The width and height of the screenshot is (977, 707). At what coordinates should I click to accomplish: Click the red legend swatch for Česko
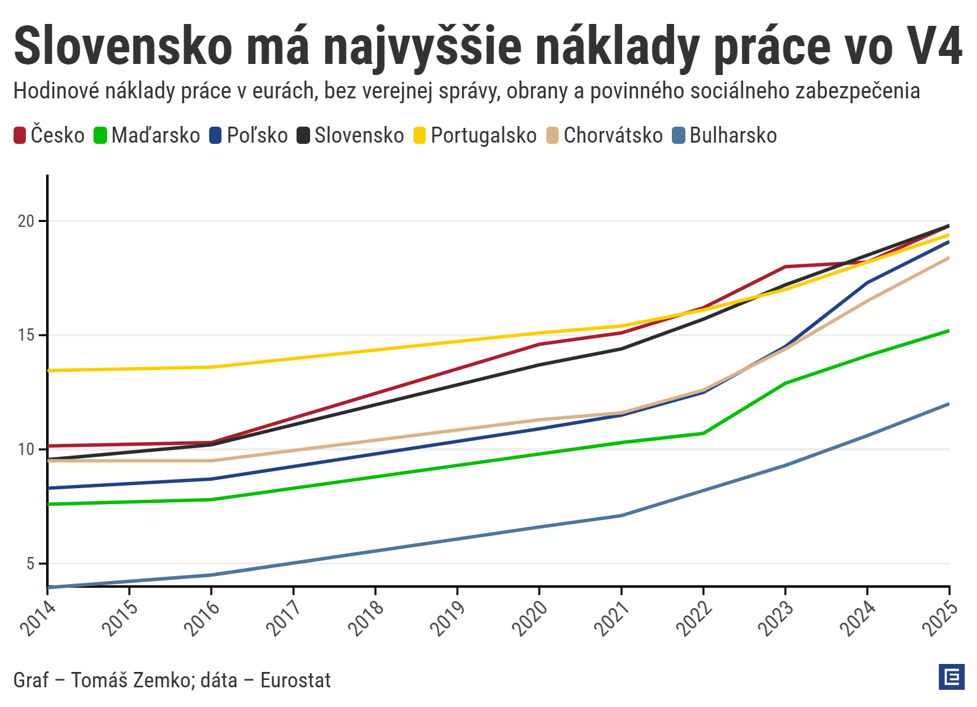click(x=20, y=136)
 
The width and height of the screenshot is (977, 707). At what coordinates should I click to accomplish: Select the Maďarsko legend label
click(x=156, y=136)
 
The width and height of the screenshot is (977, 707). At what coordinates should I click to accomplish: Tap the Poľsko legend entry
click(x=257, y=136)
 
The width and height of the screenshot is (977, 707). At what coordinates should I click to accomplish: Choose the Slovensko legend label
click(x=359, y=136)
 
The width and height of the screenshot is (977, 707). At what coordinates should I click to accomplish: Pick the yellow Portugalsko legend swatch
click(x=420, y=136)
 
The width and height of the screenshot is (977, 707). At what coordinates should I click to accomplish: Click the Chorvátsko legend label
click(x=613, y=136)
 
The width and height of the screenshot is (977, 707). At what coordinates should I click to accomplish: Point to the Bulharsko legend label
click(x=733, y=136)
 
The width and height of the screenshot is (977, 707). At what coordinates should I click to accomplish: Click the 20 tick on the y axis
click(x=26, y=221)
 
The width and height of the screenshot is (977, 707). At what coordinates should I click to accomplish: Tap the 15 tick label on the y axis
click(x=26, y=336)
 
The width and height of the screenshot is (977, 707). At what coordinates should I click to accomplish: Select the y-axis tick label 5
click(x=30, y=564)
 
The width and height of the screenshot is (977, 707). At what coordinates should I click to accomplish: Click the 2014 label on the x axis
click(x=38, y=617)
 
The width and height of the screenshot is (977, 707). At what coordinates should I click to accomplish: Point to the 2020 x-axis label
click(x=530, y=617)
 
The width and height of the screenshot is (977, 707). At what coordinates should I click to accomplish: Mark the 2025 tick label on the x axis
click(x=939, y=617)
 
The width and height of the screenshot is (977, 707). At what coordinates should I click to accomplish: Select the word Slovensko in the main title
click(x=123, y=47)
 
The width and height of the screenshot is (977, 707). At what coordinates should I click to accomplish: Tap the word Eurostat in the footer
click(x=295, y=680)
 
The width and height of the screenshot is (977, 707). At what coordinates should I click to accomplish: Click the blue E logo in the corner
click(x=951, y=677)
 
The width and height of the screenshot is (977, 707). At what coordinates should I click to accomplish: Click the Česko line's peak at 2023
click(x=786, y=267)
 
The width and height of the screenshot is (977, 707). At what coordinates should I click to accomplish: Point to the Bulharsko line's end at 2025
click(x=949, y=404)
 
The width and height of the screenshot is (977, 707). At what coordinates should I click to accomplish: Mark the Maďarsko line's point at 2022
click(x=703, y=433)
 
